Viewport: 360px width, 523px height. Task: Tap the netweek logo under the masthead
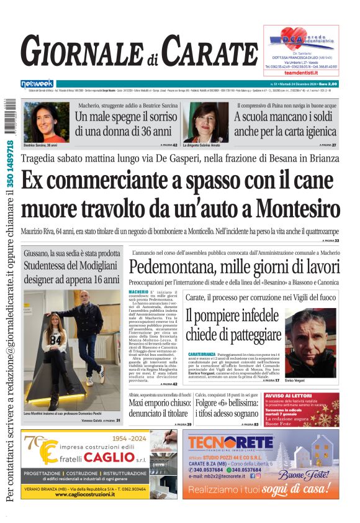[x=37, y=84]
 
